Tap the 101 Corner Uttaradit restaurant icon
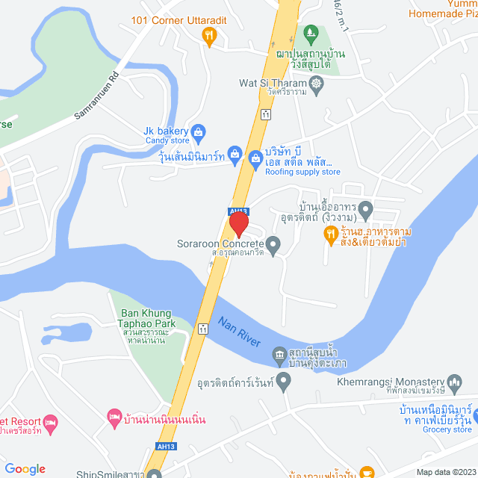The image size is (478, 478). tap(211, 34)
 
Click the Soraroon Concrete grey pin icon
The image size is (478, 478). tap(273, 243)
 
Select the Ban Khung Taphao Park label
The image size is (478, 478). tap(141, 318)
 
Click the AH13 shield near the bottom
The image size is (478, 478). tap(166, 446)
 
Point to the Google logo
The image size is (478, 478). tap(25, 469)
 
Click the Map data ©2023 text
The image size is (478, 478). tap(445, 472)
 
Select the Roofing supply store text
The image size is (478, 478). tap(302, 172)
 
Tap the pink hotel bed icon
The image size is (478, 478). tap(114, 415)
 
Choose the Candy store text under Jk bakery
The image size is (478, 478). tap(167, 140)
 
